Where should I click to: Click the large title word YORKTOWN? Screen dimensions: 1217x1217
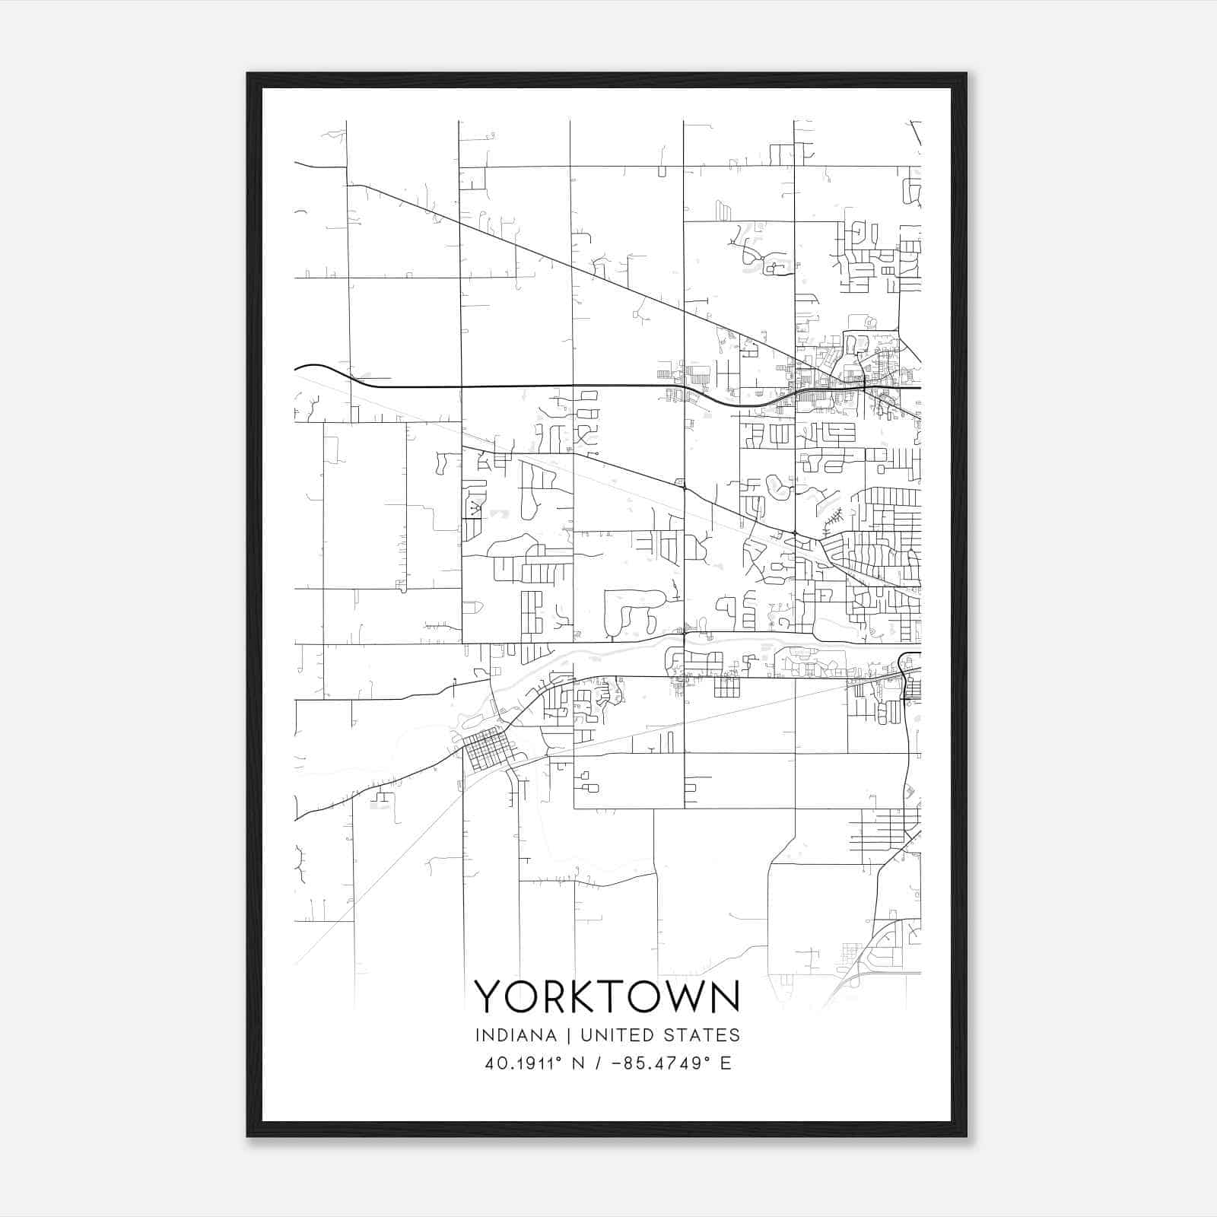(607, 996)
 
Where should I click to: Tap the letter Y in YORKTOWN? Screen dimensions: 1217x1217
(489, 996)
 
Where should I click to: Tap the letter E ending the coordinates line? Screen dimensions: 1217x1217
(726, 1063)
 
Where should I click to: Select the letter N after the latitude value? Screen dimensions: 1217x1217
(578, 1063)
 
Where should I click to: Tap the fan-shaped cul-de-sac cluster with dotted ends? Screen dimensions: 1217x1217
(475, 507)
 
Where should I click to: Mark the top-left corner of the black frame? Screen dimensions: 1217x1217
(248, 74)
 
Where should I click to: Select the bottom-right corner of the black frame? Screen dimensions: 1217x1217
(966, 1136)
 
